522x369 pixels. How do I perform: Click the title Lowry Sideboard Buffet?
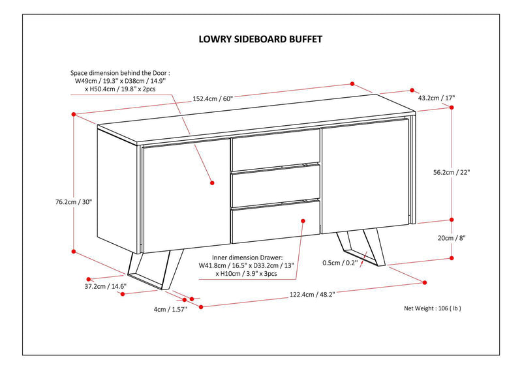coord(260,38)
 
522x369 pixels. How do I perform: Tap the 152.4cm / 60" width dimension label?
coord(212,98)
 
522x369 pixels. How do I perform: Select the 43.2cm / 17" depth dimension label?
coord(436,98)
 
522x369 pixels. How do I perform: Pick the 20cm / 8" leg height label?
coord(453,238)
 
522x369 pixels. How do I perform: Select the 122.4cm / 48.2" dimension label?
coord(315,294)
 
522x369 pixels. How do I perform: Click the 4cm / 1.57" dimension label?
coord(170,309)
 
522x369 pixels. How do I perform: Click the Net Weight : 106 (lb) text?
coord(437,308)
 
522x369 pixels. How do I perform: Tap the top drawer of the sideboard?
coord(276,149)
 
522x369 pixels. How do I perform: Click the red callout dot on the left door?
coord(213,184)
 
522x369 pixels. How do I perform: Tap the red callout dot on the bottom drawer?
coord(302,221)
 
